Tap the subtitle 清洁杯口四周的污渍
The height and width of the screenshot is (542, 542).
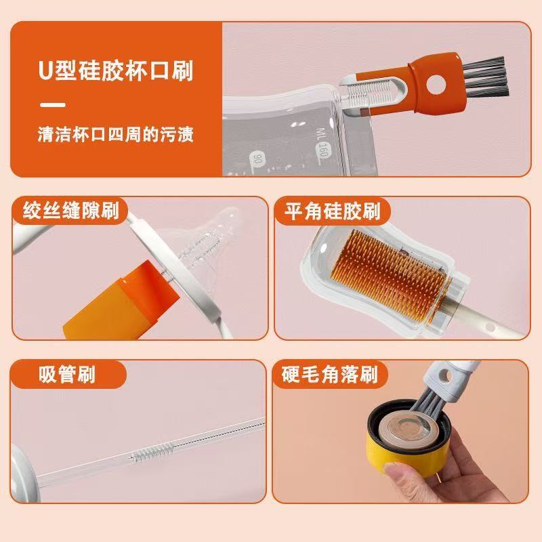point(116,134)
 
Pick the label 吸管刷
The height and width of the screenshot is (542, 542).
point(67,374)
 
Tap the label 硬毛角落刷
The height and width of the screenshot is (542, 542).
point(330,374)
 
